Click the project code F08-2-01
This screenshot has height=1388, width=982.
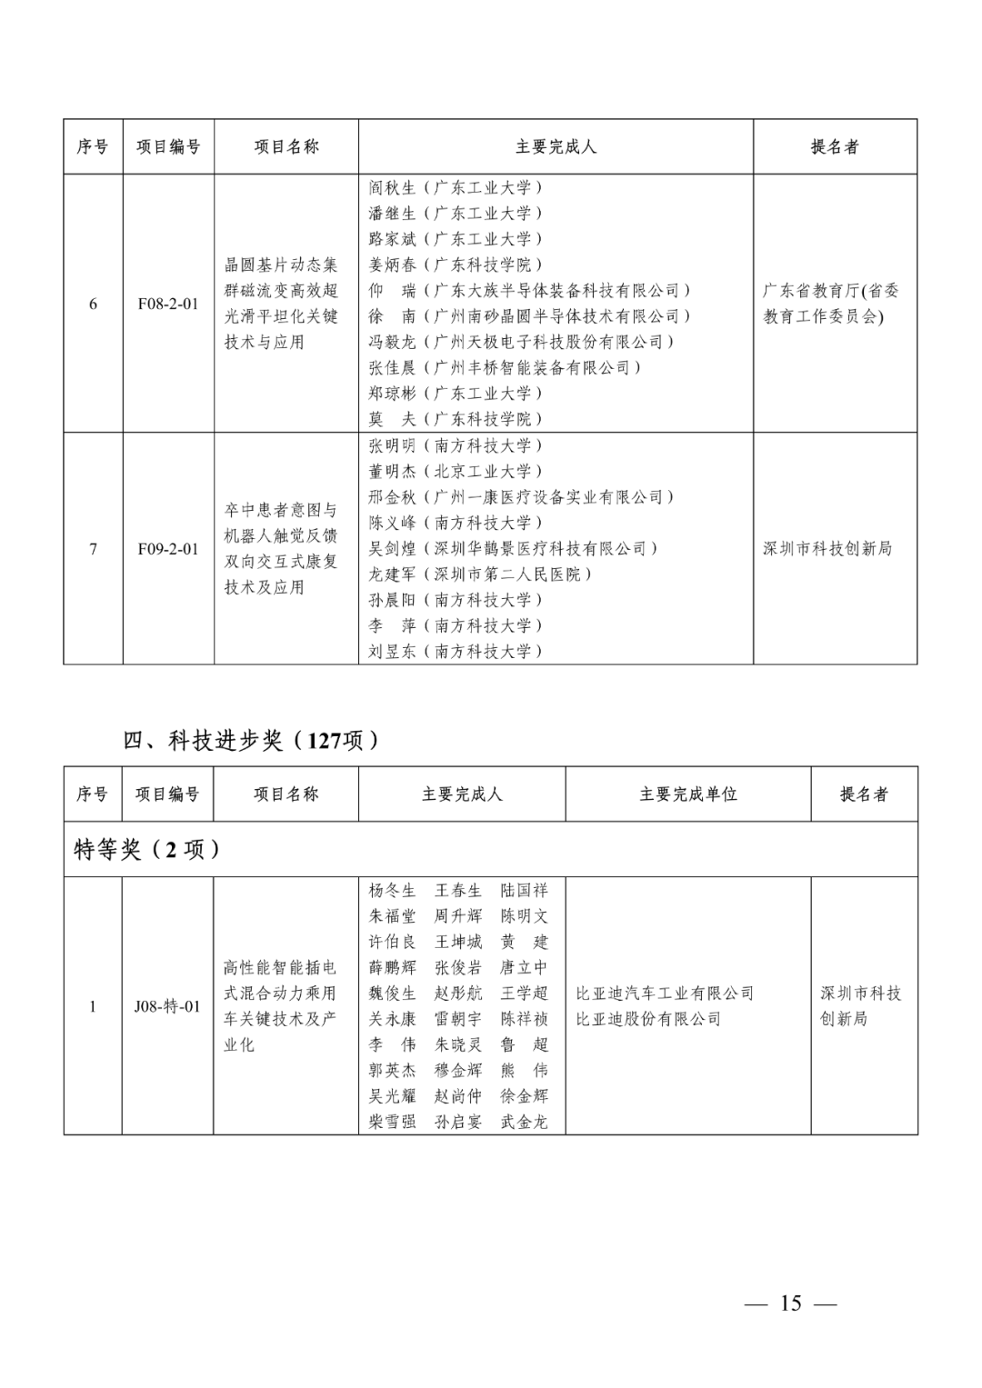(168, 304)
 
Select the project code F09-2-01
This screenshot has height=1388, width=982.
(168, 549)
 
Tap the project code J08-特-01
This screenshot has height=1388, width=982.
(168, 1006)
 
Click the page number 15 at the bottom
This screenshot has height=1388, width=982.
(790, 1303)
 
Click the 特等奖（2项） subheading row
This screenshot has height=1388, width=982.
(147, 850)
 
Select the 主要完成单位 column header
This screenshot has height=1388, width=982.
(688, 794)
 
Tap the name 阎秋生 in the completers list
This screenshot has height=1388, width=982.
(392, 188)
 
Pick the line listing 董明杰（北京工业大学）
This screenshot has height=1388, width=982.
(455, 472)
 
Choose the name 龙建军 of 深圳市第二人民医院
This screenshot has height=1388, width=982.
(392, 574)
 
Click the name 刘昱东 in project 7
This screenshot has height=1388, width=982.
(392, 652)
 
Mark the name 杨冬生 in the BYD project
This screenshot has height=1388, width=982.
(392, 891)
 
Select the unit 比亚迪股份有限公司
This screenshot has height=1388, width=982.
(648, 1019)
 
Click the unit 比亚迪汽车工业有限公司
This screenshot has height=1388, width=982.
(665, 994)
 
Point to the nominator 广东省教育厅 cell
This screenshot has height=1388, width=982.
(830, 304)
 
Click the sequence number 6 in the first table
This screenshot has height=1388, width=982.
(93, 304)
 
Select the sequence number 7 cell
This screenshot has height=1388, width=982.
(93, 549)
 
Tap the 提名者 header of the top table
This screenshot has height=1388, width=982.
(835, 146)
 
